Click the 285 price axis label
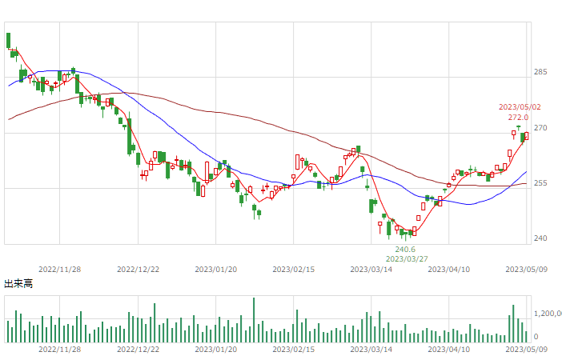coord(540,72)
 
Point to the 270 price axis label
coord(540,128)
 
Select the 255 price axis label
coord(540,183)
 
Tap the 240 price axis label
coord(540,238)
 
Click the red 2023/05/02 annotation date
coord(520,107)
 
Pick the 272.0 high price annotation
coord(518,118)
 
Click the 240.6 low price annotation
coord(405,250)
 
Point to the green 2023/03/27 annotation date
coord(407,258)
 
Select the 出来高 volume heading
coord(18,284)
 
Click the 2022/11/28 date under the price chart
coord(59,270)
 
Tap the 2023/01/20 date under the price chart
coord(216,270)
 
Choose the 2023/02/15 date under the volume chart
coord(294,350)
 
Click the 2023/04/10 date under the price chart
coord(449,270)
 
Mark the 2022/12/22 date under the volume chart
coord(138,350)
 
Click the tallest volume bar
coord(254,320)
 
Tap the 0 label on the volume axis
coord(536,337)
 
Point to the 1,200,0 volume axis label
coord(548,314)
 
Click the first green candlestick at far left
coord(8,41)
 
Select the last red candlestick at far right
coord(526,136)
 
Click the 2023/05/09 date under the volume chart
coord(526,350)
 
